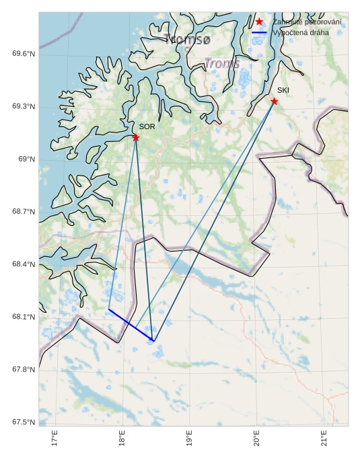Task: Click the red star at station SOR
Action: (x=136, y=137)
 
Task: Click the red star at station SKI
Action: (x=275, y=101)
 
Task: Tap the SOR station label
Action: (x=147, y=126)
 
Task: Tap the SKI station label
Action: (x=283, y=90)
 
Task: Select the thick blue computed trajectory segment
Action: (x=131, y=326)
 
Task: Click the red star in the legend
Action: (x=259, y=22)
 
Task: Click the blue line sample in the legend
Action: (x=259, y=32)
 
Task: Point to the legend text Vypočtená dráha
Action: (x=301, y=32)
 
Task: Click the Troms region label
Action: (x=221, y=63)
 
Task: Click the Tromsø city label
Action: (x=188, y=40)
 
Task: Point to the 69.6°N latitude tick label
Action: (x=24, y=54)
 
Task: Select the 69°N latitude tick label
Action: (x=27, y=159)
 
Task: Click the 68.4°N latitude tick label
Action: (x=24, y=264)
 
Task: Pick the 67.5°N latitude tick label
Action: (x=24, y=422)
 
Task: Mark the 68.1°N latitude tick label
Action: (x=24, y=317)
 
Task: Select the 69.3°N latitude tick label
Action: (x=24, y=107)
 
